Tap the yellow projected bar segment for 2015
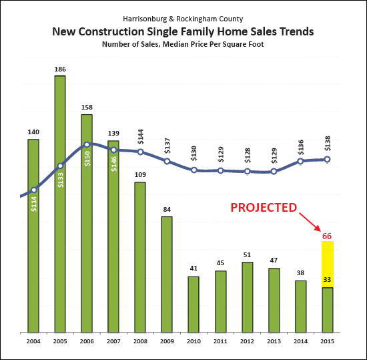pyautogui.click(x=327, y=264)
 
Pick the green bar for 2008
pyautogui.click(x=140, y=257)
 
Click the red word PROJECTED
pyautogui.click(x=264, y=208)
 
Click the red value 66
pyautogui.click(x=327, y=236)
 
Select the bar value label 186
pyautogui.click(x=60, y=69)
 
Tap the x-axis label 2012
pyautogui.click(x=247, y=341)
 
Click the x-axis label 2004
pyautogui.click(x=33, y=341)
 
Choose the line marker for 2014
pyautogui.click(x=300, y=161)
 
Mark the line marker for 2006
pyautogui.click(x=87, y=144)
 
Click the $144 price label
pyautogui.click(x=140, y=138)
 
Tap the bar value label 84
pyautogui.click(x=167, y=210)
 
